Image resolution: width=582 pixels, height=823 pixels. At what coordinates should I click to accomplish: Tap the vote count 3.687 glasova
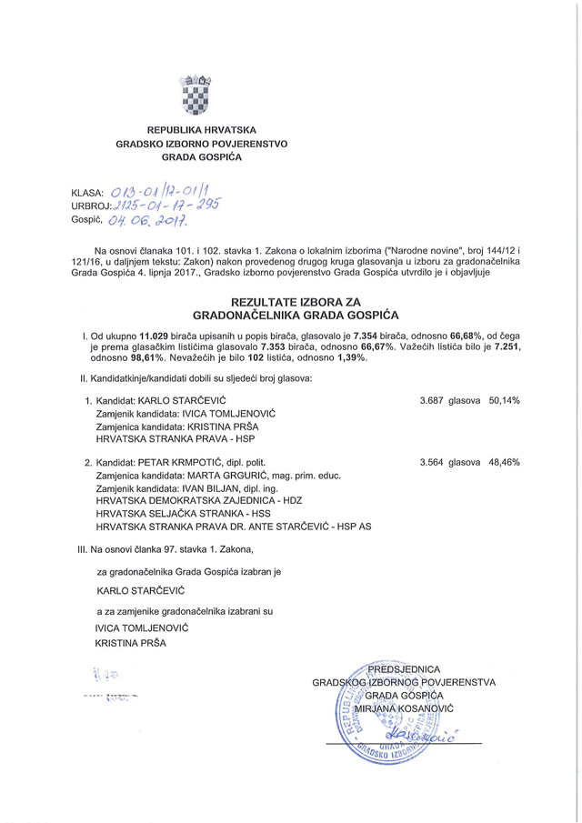tap(449, 400)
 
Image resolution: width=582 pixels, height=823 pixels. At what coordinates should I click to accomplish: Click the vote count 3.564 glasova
tap(449, 462)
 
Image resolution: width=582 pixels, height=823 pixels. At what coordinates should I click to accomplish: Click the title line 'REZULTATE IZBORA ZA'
tap(290, 302)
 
